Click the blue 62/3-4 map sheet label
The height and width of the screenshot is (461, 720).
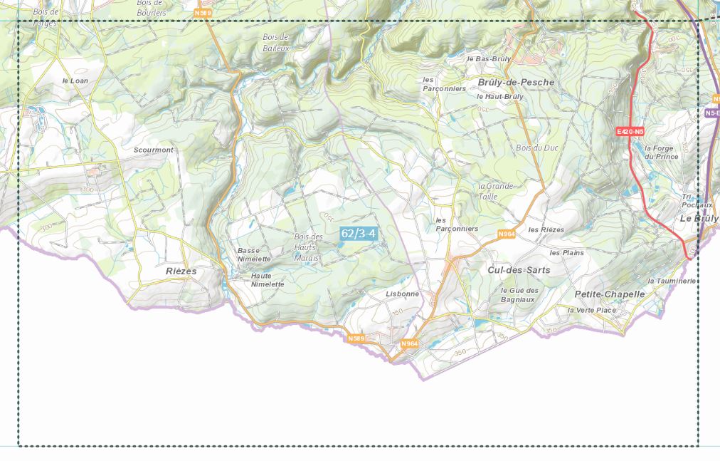pos(358,233)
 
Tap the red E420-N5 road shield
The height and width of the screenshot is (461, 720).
pos(630,132)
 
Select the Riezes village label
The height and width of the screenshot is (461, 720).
pos(181,271)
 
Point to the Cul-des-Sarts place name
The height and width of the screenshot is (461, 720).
pos(519,271)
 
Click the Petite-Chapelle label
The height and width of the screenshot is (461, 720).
pos(610,294)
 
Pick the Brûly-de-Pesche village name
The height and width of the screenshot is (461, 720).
pos(516,83)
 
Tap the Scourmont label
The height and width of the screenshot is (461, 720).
pos(154,150)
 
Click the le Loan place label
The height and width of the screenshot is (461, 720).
pos(75,81)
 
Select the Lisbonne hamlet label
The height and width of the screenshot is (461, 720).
pos(402,294)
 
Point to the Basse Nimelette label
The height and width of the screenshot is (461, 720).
pos(254,254)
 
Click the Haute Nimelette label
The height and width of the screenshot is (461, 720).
pos(268,280)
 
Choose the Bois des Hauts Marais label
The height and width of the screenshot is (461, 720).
pos(308,247)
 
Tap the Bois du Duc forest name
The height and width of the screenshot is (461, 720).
pos(536,147)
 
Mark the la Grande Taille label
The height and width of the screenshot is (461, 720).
pos(495,191)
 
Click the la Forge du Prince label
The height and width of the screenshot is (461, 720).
pos(661,152)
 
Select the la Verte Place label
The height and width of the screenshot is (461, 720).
pos(591,310)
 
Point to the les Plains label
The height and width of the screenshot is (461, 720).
pos(566,253)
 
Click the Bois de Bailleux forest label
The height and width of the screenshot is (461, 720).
pos(276,42)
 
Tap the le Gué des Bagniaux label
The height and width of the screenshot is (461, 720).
pos(519,295)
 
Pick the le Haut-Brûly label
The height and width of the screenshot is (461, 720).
pos(499,96)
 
